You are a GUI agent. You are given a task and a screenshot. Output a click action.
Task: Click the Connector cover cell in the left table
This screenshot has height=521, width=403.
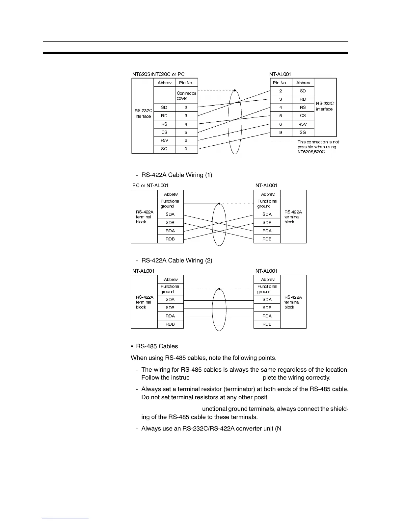coord(186,96)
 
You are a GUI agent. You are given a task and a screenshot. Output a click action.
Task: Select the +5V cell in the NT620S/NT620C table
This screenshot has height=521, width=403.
coord(164,140)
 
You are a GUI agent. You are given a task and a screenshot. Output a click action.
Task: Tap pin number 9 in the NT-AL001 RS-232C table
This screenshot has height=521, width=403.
coord(281,132)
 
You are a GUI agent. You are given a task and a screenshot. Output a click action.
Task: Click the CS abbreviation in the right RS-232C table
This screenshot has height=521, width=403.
coord(303,116)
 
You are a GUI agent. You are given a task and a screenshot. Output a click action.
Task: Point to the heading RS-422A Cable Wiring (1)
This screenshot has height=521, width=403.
coord(176,175)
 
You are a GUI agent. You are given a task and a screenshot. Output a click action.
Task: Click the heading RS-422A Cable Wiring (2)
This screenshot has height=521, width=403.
coord(176,260)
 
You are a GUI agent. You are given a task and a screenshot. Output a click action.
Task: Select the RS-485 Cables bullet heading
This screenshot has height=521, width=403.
coord(157,346)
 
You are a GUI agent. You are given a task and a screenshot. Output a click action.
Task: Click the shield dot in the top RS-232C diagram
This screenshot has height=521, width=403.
coord(235,90)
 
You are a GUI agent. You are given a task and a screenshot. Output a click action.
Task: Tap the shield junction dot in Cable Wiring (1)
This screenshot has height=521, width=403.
coord(219,204)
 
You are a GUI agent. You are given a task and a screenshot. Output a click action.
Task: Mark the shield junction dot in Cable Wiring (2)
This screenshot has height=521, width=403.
coord(219,289)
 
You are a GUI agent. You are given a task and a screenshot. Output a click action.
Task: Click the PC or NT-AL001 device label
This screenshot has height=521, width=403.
coord(150,186)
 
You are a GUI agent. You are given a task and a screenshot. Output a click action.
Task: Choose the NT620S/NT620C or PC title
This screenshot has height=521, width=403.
coord(158,74)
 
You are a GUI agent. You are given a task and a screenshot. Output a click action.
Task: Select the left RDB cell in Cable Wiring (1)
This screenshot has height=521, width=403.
coord(170,239)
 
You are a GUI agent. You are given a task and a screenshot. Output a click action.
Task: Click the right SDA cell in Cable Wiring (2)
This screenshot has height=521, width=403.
coord(267,300)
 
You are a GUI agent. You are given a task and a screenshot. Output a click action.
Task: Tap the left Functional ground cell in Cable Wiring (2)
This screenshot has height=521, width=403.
coord(170,289)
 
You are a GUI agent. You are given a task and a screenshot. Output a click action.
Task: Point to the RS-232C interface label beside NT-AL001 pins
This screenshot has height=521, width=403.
coord(325,106)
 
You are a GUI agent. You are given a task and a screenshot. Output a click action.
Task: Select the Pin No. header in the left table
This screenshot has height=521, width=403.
coord(186,83)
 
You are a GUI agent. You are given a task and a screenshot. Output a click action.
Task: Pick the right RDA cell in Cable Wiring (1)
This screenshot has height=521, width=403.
coord(267,231)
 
